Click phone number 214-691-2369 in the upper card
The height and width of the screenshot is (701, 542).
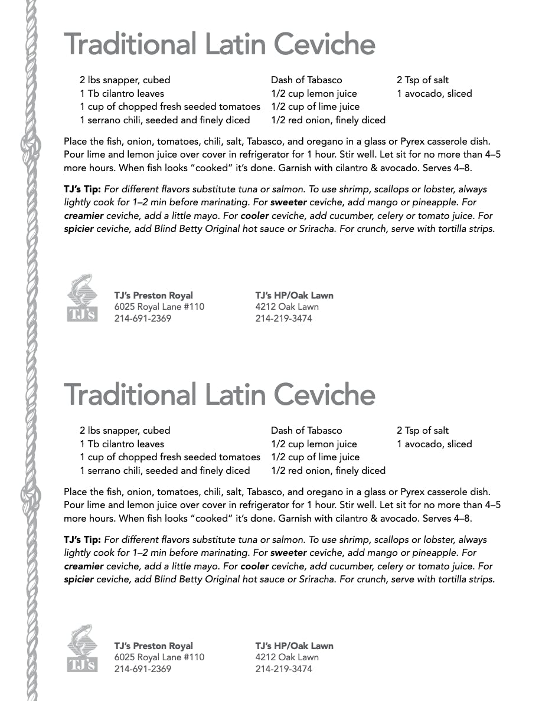click(142, 319)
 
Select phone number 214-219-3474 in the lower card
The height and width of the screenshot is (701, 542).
click(283, 669)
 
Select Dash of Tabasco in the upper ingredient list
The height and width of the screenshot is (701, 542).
click(306, 80)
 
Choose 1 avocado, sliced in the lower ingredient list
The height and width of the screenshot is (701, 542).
click(434, 444)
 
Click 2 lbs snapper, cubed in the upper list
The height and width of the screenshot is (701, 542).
click(125, 80)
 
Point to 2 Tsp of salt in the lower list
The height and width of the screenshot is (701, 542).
click(422, 431)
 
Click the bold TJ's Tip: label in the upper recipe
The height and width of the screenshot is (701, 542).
click(82, 189)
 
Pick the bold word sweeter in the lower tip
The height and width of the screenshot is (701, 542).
click(288, 553)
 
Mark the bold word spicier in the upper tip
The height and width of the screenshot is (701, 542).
click(79, 229)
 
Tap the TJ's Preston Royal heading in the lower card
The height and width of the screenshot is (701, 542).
click(153, 646)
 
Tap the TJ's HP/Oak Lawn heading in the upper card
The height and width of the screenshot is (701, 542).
click(294, 296)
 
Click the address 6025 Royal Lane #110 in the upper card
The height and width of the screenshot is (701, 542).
click(159, 307)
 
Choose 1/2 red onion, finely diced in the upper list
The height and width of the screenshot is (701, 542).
click(328, 120)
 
